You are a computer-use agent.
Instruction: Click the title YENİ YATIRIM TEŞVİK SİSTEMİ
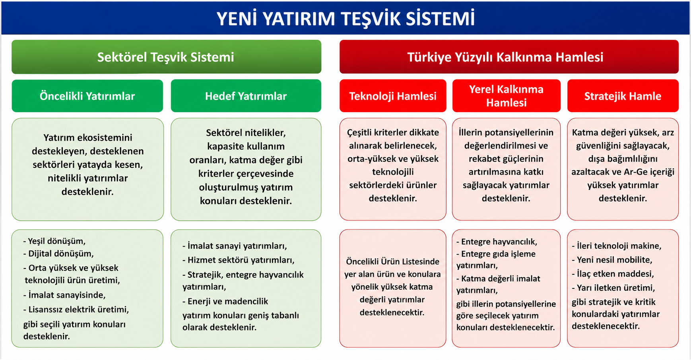345,19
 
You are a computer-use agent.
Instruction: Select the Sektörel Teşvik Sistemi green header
166,57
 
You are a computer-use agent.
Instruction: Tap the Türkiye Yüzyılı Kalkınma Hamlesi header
509,57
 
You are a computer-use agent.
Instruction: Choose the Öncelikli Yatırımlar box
87,96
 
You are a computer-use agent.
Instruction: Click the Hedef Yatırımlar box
246,96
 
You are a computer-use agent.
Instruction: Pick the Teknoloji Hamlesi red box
393,96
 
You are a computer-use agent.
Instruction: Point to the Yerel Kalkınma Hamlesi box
506,96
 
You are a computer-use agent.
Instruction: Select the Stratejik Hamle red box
623,96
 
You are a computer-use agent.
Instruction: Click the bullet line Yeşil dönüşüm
54,241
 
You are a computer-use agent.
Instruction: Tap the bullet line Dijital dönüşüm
58,253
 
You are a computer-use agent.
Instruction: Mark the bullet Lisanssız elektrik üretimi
76,309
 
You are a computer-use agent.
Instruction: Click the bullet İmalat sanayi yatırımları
235,246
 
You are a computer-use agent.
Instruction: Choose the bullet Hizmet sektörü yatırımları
239,260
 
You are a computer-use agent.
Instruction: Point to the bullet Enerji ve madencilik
225,302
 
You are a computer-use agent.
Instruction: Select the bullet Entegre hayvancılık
497,241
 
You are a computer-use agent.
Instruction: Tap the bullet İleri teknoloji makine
617,246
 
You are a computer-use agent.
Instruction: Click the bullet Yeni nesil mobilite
612,260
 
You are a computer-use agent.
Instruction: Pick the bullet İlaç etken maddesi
613,274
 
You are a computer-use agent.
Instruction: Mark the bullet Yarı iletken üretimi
613,288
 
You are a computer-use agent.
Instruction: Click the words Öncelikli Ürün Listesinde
393,261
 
